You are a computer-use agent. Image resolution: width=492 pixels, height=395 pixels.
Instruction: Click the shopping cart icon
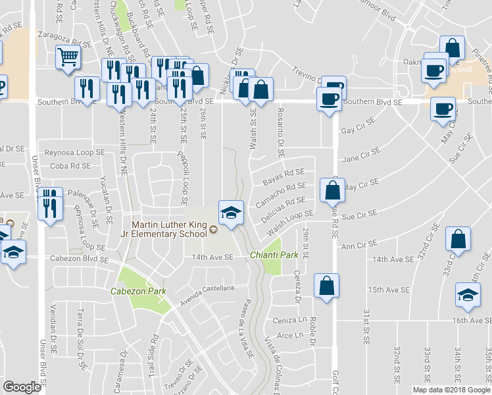tap(67, 57)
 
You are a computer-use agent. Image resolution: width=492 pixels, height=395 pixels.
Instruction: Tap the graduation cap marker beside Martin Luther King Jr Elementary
tap(231, 213)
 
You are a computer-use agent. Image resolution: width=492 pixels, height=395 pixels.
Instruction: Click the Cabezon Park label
tap(138, 291)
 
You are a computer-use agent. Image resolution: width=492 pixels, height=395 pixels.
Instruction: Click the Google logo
tap(22, 386)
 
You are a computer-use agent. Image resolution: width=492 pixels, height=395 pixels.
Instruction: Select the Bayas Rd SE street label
tap(283, 176)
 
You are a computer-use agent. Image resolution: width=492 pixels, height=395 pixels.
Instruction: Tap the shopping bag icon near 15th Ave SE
tap(326, 286)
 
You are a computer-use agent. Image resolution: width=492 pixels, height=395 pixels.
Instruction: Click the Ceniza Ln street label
tap(289, 320)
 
